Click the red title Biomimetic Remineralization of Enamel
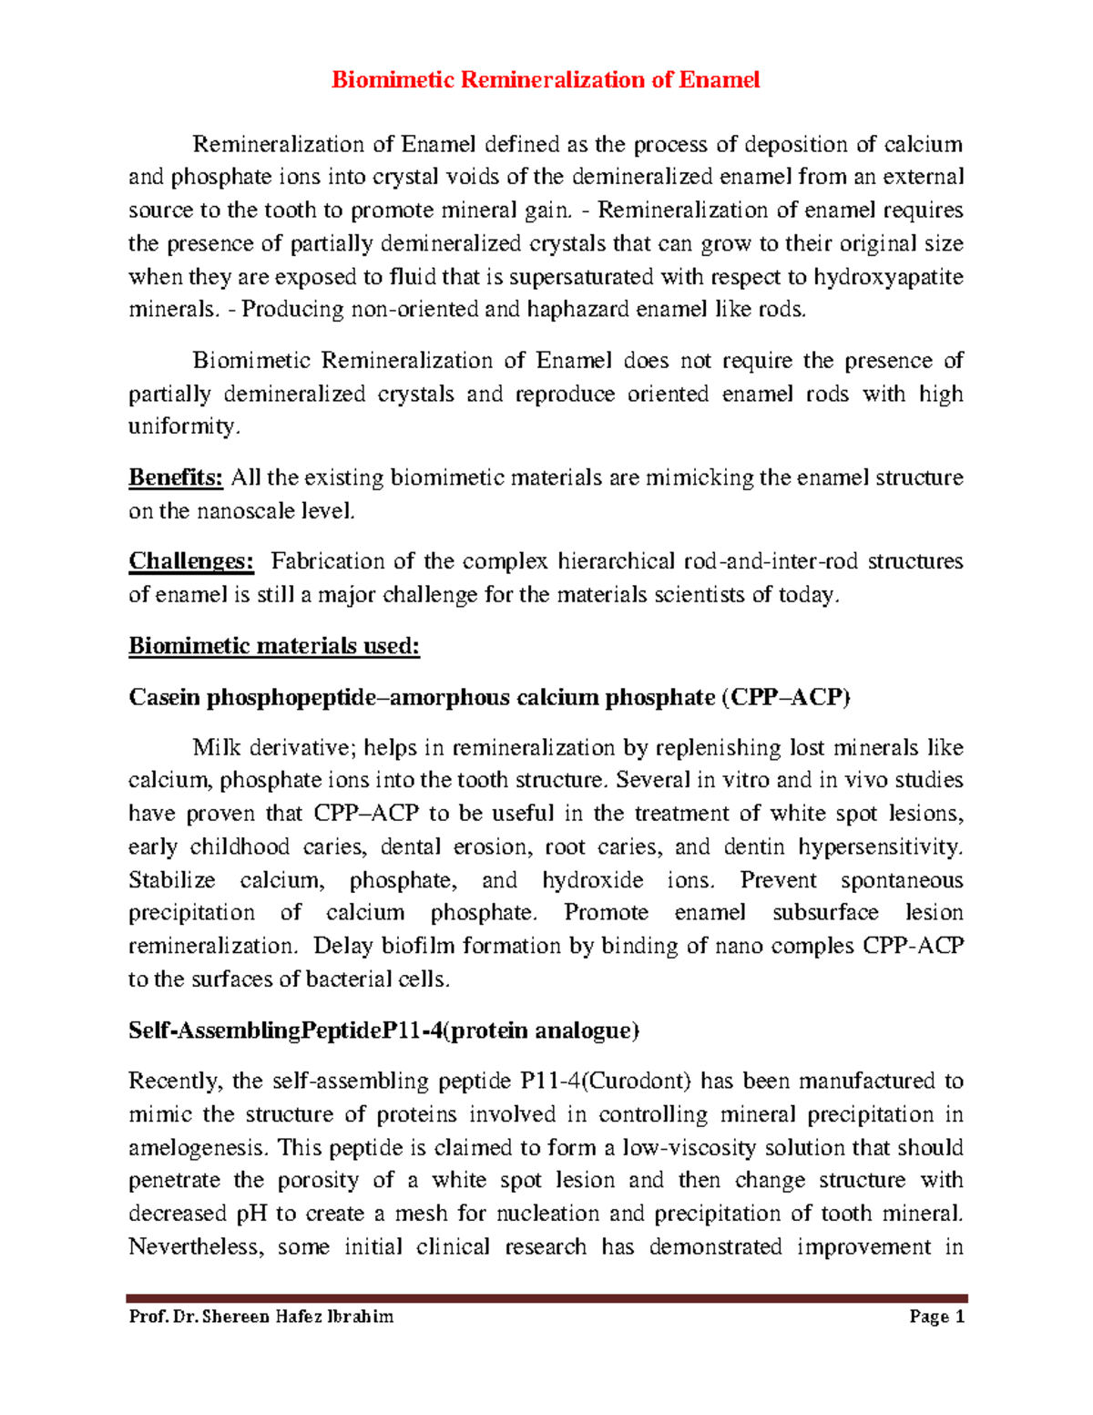pos(545,80)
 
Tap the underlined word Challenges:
pos(190,561)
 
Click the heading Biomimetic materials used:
pos(273,646)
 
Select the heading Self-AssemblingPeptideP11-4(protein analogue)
pos(383,1030)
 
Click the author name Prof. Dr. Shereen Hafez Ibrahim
pos(261,1317)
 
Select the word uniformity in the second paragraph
pos(182,426)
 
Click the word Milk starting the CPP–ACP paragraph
pos(217,748)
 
